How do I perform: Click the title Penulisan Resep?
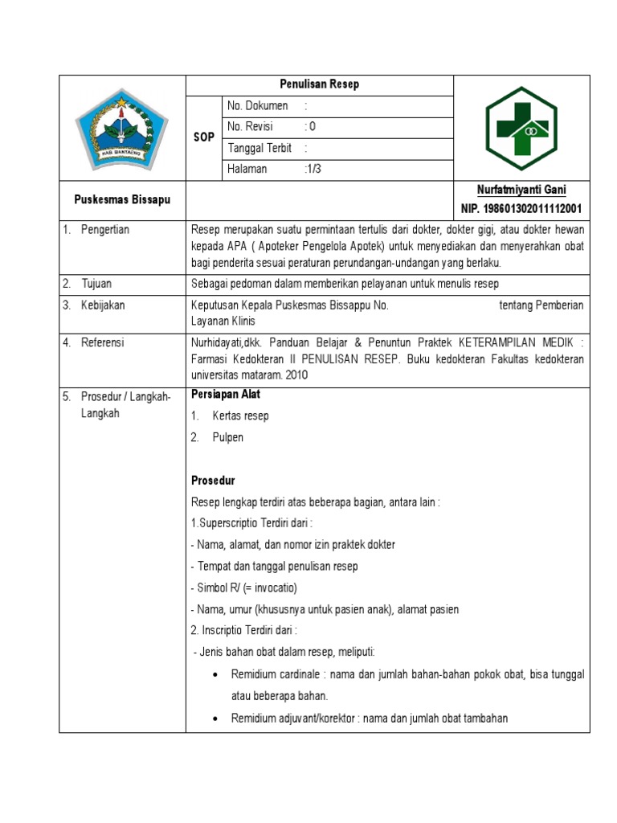320,84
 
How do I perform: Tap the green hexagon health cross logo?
521,127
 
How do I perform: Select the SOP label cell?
204,137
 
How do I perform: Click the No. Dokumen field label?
258,106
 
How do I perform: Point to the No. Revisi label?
251,127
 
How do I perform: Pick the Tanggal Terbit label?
259,148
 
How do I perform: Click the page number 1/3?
313,169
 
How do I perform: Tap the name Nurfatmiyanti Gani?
521,190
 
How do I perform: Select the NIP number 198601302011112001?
521,209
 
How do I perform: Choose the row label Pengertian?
104,230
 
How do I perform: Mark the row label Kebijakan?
103,305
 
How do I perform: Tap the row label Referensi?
103,342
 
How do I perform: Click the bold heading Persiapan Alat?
226,395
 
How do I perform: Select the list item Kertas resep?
240,416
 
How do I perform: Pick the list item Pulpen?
227,437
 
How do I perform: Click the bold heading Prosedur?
213,481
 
